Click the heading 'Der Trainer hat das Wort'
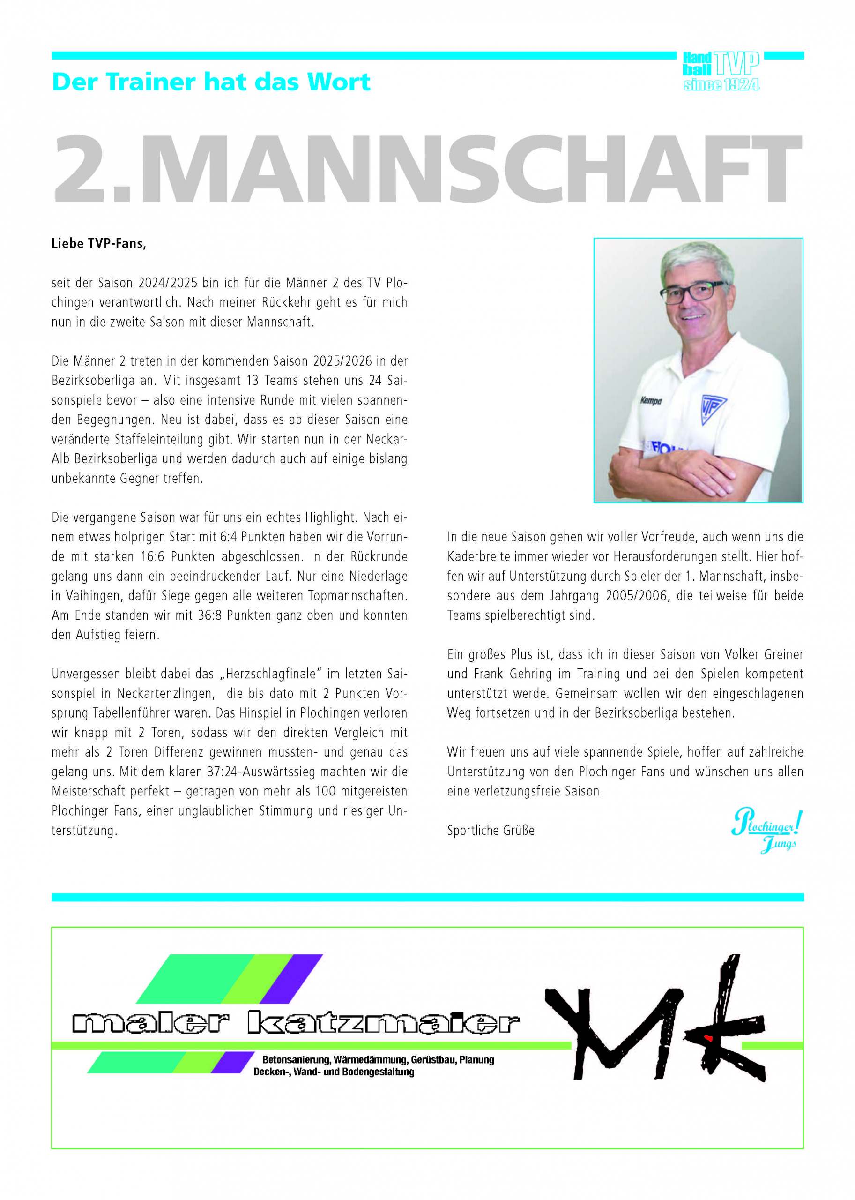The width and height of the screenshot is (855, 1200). pos(211,82)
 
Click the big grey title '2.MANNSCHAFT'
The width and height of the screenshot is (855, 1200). pos(427,170)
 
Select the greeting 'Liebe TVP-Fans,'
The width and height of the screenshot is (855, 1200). pos(98,244)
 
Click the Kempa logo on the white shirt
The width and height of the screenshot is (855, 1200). pos(651,400)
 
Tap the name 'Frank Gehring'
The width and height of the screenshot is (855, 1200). pos(513,674)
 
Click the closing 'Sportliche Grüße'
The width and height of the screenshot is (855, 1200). pos(491,831)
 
